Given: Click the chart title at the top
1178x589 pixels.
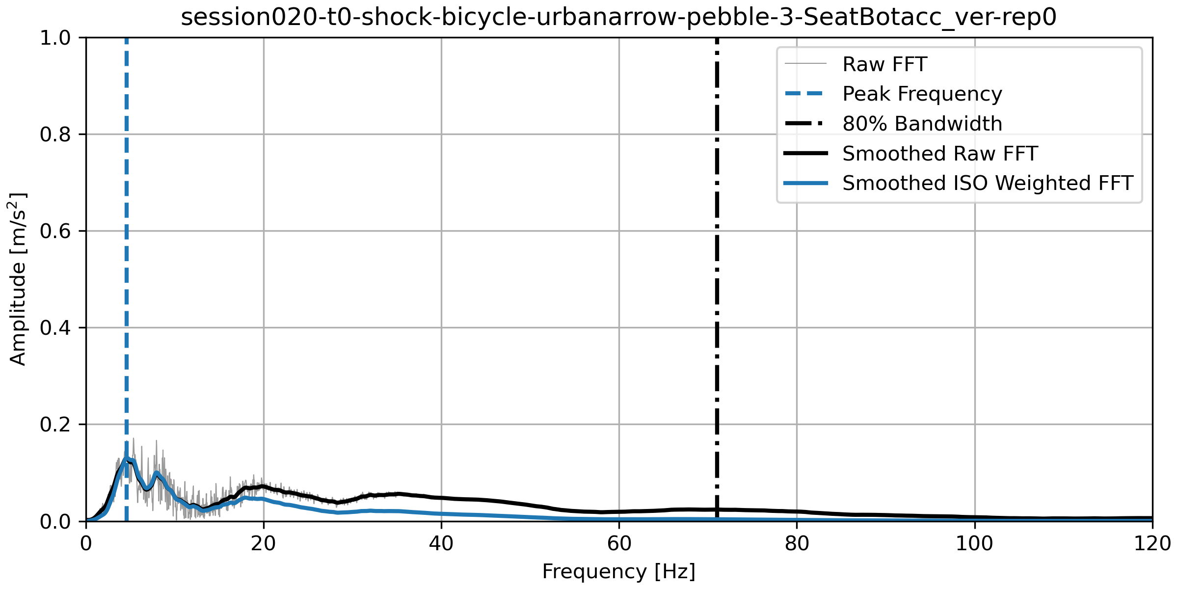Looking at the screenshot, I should (x=618, y=18).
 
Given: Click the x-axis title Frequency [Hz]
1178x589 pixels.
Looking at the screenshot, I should (x=618, y=572).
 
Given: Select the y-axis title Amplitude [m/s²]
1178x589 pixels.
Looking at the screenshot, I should (x=18, y=279).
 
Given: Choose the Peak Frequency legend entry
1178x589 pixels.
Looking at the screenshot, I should (x=922, y=94).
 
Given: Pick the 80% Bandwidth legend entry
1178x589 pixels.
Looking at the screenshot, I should (x=922, y=124).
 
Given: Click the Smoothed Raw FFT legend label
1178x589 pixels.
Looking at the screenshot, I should (x=939, y=154).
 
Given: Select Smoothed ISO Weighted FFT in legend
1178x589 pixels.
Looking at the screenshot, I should (x=988, y=183).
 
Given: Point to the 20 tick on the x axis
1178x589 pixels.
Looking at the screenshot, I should (x=264, y=543).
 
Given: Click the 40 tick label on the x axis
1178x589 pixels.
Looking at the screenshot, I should (x=441, y=543).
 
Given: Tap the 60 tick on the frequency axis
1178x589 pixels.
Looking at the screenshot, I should (x=619, y=543).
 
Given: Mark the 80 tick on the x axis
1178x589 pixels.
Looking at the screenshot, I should (x=797, y=543).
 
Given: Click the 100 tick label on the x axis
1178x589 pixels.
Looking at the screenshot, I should (x=974, y=543).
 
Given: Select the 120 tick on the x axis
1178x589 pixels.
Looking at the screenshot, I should (x=1151, y=543).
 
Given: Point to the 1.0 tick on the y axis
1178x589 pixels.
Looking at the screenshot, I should (x=55, y=38).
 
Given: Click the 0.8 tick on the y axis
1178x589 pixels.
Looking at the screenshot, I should (x=55, y=134).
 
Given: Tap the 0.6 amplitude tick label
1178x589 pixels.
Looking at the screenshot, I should (x=55, y=231).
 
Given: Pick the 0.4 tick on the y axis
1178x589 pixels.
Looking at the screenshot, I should (x=55, y=328).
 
